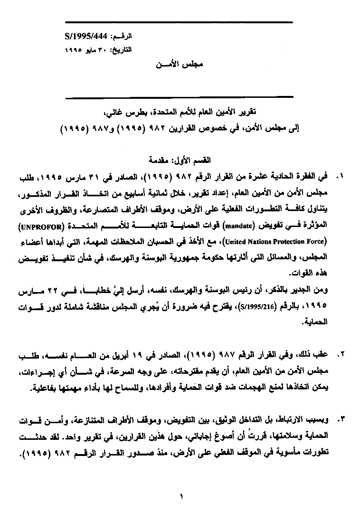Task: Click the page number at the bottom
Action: pos(181,497)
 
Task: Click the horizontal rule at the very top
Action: pos(179,22)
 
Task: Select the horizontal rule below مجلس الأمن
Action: pos(179,98)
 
